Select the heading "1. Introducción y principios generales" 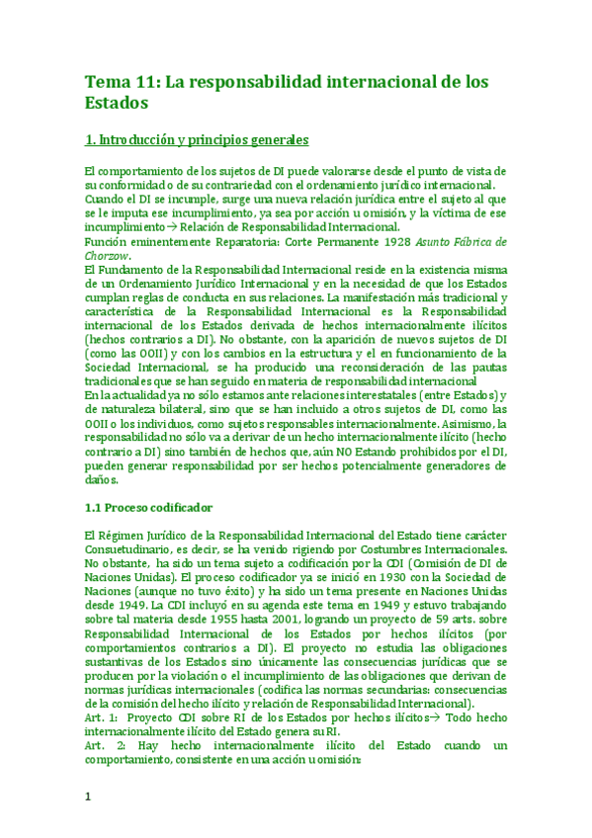(197, 139)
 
